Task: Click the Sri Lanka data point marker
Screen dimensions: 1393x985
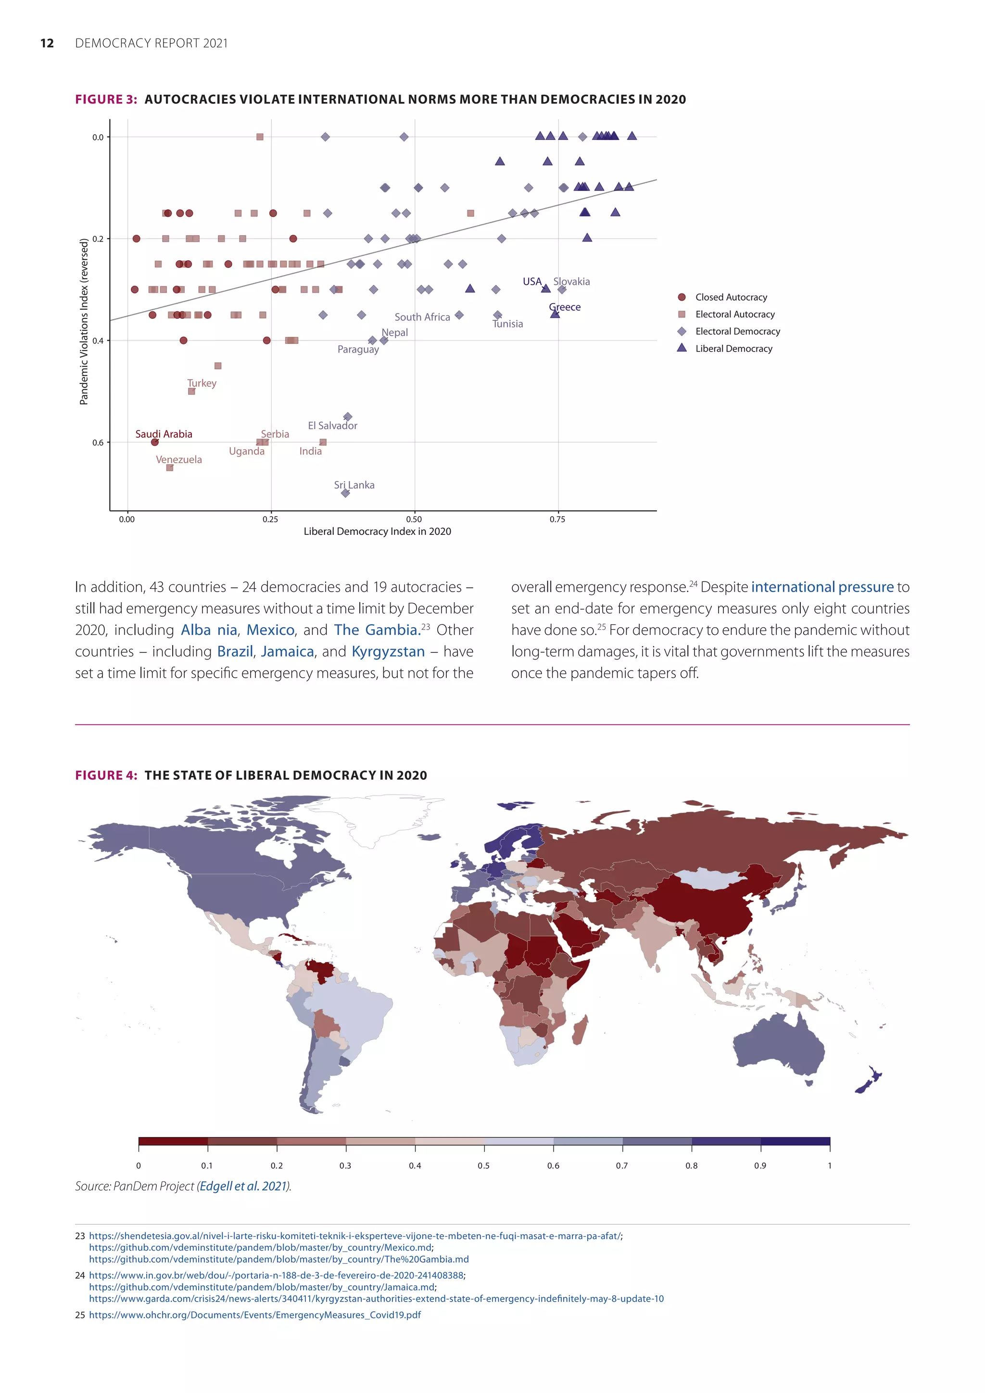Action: pyautogui.click(x=346, y=493)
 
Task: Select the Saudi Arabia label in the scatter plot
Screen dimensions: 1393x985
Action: pyautogui.click(x=164, y=434)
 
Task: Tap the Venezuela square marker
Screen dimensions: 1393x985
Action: pyautogui.click(x=170, y=467)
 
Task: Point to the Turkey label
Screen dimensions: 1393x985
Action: pyautogui.click(x=202, y=383)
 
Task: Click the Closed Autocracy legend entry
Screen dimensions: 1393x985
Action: pyautogui.click(x=731, y=297)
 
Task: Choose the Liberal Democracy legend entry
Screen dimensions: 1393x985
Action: pyautogui.click(x=733, y=348)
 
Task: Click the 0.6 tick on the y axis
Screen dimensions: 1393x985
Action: pyautogui.click(x=98, y=443)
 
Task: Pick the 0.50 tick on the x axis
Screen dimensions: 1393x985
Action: pyautogui.click(x=414, y=519)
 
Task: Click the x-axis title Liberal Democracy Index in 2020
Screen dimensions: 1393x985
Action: pyautogui.click(x=377, y=532)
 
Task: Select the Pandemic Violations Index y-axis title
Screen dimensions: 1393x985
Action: pyautogui.click(x=84, y=322)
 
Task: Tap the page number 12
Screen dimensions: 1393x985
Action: pyautogui.click(x=47, y=43)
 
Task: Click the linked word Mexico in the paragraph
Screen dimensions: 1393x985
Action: pyautogui.click(x=270, y=630)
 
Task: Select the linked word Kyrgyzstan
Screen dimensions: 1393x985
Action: pyautogui.click(x=388, y=652)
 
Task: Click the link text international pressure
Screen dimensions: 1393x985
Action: pyautogui.click(x=822, y=587)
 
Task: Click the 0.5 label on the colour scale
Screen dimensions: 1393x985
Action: pyautogui.click(x=483, y=1165)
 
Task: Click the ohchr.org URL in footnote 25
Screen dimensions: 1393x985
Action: pyautogui.click(x=255, y=1315)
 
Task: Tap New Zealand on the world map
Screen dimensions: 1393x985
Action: pyautogui.click(x=869, y=1081)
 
